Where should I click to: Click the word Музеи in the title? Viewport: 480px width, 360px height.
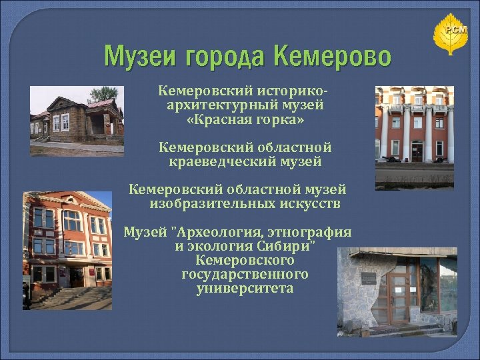(137, 57)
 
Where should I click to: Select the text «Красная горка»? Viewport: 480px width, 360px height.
(245, 122)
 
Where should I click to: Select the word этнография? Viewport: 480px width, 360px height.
(310, 233)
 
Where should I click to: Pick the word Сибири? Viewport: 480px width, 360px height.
(289, 246)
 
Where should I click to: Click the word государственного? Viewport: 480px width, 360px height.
(245, 274)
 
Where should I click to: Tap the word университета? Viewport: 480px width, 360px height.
(245, 289)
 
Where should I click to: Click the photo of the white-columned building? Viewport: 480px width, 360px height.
(414, 137)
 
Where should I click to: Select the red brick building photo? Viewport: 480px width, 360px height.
(67, 250)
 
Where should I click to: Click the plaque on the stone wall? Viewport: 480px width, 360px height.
(368, 279)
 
